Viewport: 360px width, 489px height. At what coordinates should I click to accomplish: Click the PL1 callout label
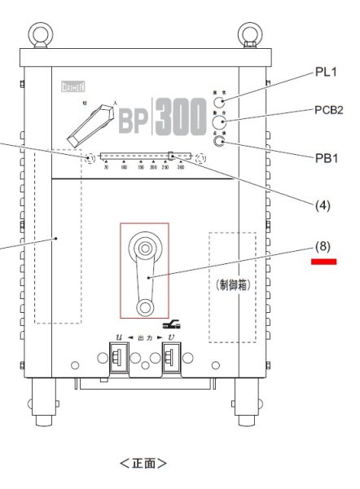click(326, 73)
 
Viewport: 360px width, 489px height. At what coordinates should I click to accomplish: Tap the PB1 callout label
click(326, 156)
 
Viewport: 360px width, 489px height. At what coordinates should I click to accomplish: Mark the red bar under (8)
click(323, 262)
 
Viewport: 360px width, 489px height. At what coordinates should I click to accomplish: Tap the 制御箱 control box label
click(232, 285)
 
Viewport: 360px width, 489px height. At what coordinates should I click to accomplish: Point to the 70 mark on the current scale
click(106, 166)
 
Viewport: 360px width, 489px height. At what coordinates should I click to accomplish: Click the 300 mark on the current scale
click(179, 166)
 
